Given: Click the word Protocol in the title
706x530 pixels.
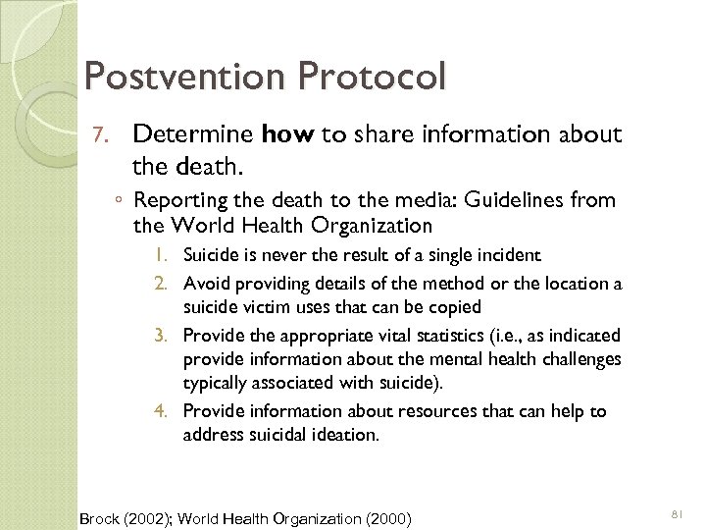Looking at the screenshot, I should (371, 76).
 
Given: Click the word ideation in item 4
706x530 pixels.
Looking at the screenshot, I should (345, 433).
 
